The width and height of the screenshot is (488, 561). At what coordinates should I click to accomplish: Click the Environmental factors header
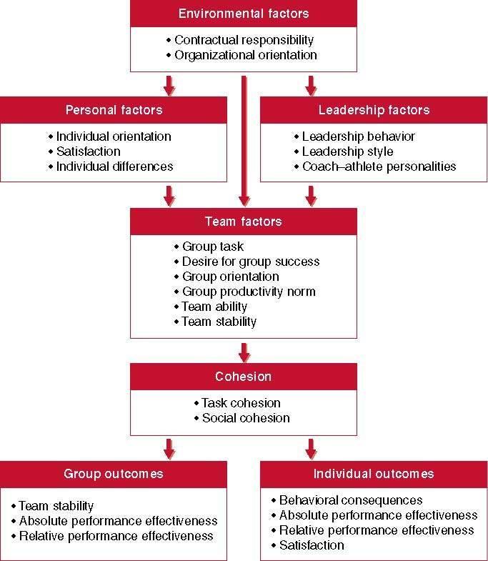[243, 14]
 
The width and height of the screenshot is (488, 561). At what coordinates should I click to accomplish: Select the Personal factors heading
[114, 110]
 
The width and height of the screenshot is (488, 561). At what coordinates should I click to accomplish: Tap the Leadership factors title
[373, 110]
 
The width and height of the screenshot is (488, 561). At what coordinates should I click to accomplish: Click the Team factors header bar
[243, 222]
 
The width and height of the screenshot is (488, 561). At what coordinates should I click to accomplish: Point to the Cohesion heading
[243, 377]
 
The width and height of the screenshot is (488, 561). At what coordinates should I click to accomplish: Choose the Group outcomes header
[114, 474]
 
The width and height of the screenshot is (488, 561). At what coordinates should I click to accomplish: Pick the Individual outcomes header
[373, 474]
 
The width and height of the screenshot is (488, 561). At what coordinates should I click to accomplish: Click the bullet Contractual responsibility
[244, 41]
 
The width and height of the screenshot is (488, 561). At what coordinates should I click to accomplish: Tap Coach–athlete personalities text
[379, 167]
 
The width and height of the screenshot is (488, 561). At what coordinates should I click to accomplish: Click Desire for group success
[250, 262]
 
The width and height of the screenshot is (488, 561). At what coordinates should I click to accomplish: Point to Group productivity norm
[248, 292]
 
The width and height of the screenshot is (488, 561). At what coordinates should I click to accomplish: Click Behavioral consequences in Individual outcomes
[350, 500]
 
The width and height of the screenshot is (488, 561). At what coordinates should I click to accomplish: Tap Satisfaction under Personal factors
[88, 152]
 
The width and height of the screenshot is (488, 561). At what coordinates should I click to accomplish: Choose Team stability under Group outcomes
[56, 506]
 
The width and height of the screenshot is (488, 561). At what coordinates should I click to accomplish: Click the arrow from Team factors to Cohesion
[244, 352]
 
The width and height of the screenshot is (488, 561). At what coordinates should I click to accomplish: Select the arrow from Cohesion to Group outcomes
[169, 448]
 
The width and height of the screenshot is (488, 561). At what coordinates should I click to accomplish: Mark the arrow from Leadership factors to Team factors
[311, 194]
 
